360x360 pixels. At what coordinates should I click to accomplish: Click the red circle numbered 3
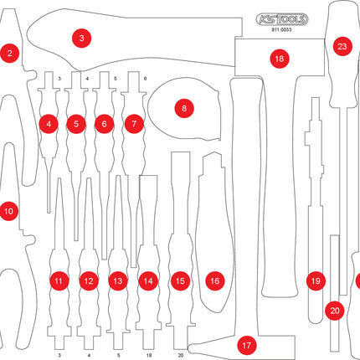(x=81, y=38)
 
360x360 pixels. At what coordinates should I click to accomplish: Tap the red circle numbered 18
(x=278, y=59)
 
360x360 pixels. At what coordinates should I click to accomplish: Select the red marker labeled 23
(x=342, y=47)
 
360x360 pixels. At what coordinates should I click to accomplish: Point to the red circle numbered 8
(x=183, y=107)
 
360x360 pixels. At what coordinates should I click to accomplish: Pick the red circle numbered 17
(x=246, y=344)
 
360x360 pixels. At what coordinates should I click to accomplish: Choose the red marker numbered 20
(x=335, y=311)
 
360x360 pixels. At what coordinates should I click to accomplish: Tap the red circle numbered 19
(x=316, y=281)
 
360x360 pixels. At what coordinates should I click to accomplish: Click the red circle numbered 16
(x=214, y=281)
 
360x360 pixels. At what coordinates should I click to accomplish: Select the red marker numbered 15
(x=180, y=281)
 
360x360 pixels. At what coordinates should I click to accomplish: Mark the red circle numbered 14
(x=148, y=281)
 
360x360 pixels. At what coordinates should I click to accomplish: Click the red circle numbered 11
(x=59, y=281)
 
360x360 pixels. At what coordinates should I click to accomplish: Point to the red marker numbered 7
(x=133, y=124)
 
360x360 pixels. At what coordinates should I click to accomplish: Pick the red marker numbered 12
(x=89, y=281)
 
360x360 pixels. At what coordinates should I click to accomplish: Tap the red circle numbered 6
(x=104, y=124)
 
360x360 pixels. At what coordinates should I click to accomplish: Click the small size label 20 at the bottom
(x=180, y=355)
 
